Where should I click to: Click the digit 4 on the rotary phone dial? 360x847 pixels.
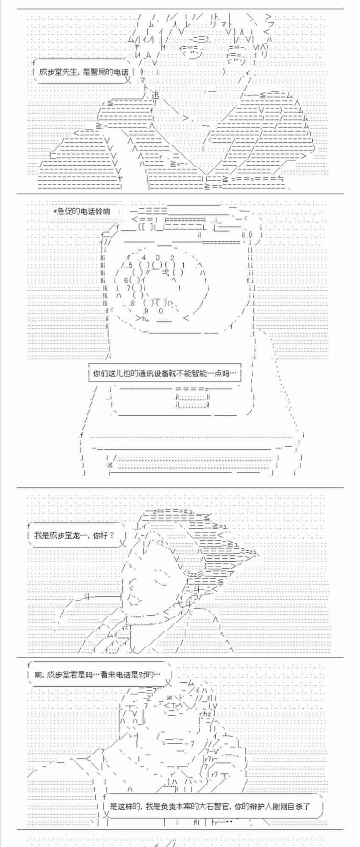tap(144, 257)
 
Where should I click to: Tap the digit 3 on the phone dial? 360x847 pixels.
tap(158, 257)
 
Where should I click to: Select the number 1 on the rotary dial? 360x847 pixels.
tap(184, 266)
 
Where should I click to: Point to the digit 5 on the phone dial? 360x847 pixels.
tap(130, 266)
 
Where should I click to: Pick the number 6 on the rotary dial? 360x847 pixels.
tap(126, 280)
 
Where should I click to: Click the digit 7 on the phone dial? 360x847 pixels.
tap(128, 288)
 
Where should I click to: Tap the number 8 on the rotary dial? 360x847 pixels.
tap(132, 303)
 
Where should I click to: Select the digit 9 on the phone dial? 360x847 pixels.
tap(146, 311)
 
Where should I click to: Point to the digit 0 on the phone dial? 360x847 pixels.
tap(161, 311)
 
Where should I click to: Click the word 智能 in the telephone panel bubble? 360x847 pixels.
tap(202, 374)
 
